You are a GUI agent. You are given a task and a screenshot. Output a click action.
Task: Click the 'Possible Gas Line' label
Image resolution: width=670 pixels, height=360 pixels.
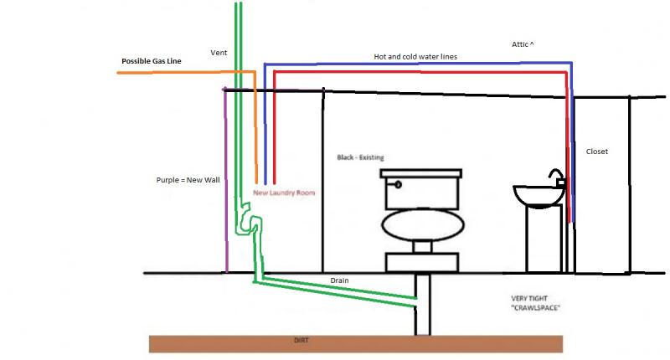pyautogui.click(x=152, y=61)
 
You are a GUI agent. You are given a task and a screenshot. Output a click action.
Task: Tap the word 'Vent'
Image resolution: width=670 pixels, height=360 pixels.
pyautogui.click(x=219, y=53)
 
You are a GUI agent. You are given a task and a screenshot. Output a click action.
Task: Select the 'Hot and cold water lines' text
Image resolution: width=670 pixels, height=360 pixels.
pyautogui.click(x=415, y=56)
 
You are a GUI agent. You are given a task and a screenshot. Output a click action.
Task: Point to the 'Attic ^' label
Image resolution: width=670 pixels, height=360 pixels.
pyautogui.click(x=523, y=44)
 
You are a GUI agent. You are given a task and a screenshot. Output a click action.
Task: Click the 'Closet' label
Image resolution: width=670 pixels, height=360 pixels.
pyautogui.click(x=597, y=152)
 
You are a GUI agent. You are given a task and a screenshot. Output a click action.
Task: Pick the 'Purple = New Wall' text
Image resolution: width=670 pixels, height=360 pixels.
pyautogui.click(x=188, y=180)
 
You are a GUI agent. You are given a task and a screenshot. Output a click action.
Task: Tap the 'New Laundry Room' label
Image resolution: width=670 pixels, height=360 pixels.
pyautogui.click(x=284, y=193)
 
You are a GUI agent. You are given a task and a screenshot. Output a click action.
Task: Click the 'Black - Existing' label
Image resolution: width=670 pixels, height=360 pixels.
pyautogui.click(x=360, y=157)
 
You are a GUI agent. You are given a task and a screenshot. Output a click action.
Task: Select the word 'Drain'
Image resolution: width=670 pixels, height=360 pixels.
pyautogui.click(x=339, y=280)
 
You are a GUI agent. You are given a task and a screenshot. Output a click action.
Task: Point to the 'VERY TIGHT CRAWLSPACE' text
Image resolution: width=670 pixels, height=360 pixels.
pyautogui.click(x=535, y=303)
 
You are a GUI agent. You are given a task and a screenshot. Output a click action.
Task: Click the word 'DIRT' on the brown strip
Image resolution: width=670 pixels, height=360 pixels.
pyautogui.click(x=301, y=341)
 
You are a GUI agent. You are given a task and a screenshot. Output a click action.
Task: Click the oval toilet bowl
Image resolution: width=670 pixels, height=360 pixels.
pyautogui.click(x=423, y=225)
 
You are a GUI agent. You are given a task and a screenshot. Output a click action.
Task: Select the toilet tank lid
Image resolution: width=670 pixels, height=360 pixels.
pyautogui.click(x=421, y=173)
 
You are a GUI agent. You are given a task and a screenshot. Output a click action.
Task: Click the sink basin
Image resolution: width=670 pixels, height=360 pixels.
pyautogui.click(x=539, y=197)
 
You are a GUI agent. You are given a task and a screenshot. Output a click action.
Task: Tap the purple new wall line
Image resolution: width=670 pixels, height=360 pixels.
pyautogui.click(x=225, y=180)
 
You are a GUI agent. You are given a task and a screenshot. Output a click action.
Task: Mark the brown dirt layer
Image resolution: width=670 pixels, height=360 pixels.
pyautogui.click(x=355, y=344)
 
